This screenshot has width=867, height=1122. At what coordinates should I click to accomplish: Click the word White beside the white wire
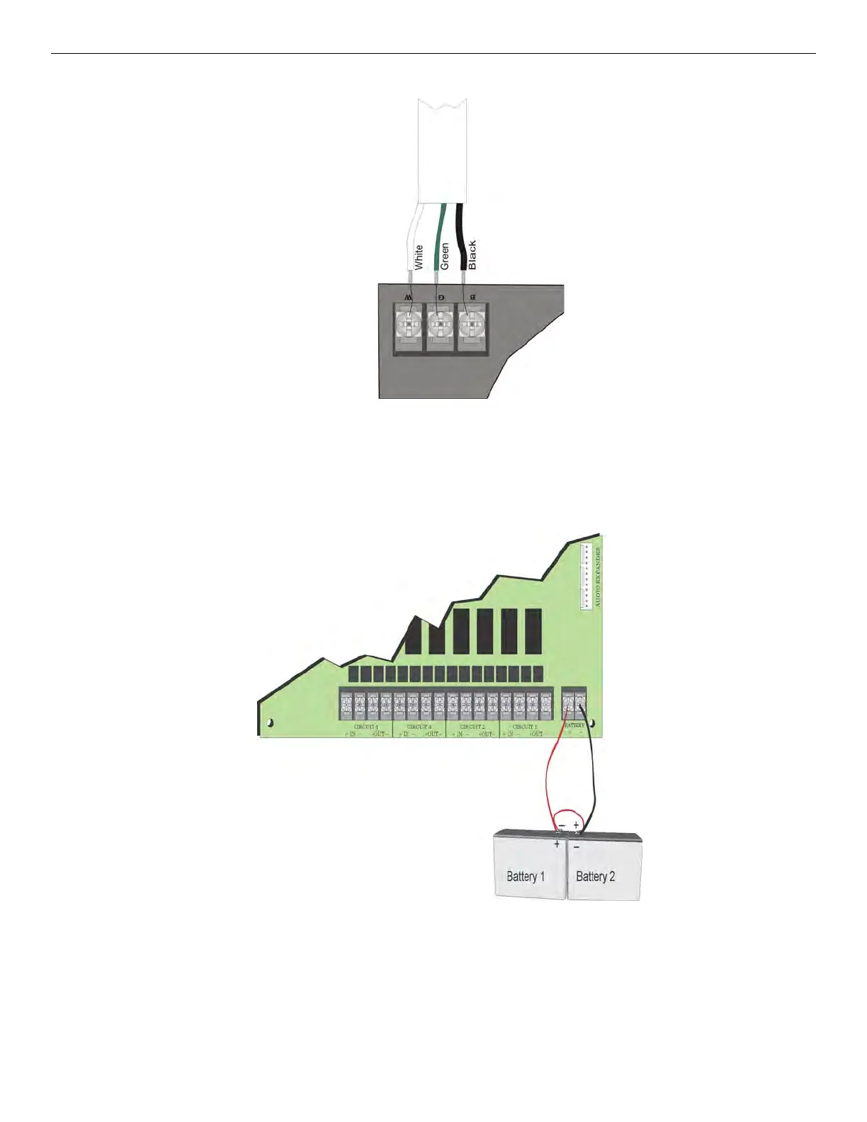[x=419, y=256]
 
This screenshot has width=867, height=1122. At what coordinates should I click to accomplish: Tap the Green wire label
[x=445, y=256]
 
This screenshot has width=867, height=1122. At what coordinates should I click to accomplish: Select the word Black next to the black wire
[x=472, y=254]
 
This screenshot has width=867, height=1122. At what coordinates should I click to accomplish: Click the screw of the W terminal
[x=409, y=326]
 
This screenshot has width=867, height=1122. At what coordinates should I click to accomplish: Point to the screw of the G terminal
[x=440, y=326]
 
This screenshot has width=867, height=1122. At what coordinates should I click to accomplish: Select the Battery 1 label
[x=526, y=876]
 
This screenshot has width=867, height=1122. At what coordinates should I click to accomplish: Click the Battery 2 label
[x=595, y=876]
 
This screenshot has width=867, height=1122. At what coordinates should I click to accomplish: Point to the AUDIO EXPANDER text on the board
[x=598, y=577]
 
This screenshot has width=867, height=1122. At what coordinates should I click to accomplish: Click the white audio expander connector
[x=586, y=577]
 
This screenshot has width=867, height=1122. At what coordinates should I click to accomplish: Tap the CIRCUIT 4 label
[x=366, y=727]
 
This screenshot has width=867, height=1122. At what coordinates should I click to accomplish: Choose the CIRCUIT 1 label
[x=525, y=727]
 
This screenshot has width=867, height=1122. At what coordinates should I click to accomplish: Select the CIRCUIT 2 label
[x=472, y=727]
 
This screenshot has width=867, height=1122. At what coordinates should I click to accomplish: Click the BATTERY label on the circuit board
[x=574, y=726]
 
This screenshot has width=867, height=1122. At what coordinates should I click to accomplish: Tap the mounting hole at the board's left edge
[x=269, y=722]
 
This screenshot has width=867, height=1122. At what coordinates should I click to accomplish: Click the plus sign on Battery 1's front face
[x=557, y=844]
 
